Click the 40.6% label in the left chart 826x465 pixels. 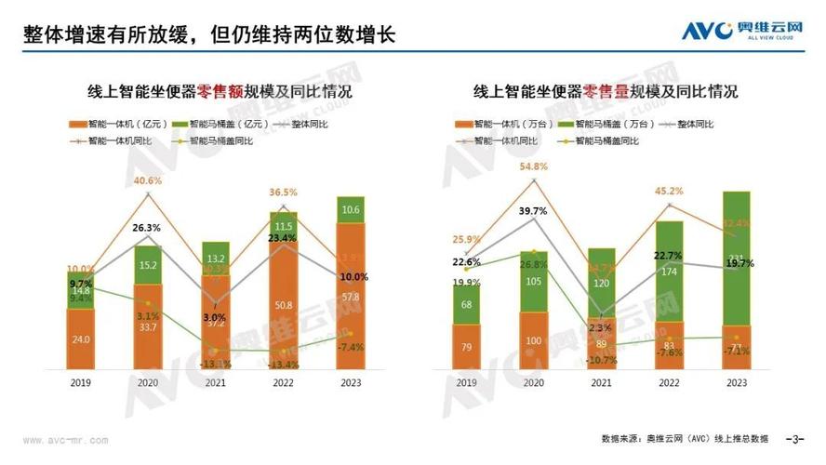point(148,180)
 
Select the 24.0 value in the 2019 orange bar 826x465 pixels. point(81,339)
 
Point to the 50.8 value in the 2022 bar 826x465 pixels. point(284,304)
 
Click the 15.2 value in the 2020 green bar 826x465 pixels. point(148,265)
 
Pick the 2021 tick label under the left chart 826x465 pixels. point(216,382)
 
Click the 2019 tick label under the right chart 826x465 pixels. point(466,382)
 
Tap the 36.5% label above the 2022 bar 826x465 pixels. point(283,193)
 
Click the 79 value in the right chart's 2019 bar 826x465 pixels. point(466,348)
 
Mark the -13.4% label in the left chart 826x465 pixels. point(283,365)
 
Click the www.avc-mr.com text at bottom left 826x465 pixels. point(65,440)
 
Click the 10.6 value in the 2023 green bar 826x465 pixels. point(351,210)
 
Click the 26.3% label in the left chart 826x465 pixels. point(148,227)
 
